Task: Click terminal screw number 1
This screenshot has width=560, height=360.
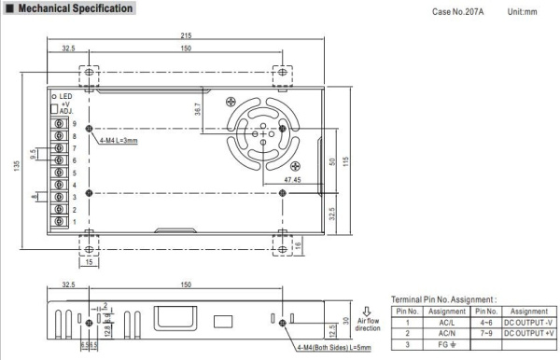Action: [61, 223]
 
